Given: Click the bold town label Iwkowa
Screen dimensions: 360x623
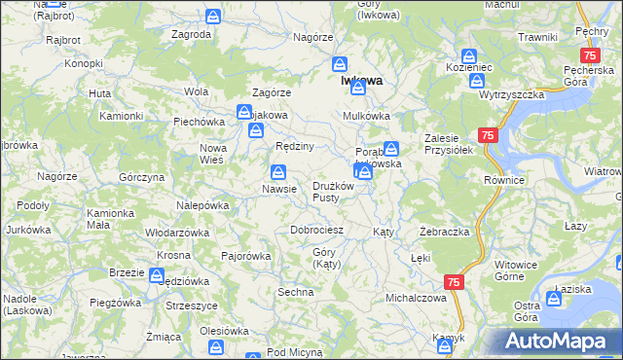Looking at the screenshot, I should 361,82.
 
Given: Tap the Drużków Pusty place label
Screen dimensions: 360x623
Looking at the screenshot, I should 338,192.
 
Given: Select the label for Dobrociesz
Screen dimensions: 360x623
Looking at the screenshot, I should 316,231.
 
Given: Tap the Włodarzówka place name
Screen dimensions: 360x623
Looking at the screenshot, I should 177,234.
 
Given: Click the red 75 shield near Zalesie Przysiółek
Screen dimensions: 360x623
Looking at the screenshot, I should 489,136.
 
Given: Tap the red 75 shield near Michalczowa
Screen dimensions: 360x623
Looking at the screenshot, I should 454,281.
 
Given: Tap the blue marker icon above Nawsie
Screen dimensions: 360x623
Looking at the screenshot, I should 277,171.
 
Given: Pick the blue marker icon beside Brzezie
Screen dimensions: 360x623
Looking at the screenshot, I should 157,274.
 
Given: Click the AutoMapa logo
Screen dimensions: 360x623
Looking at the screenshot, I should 558,342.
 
